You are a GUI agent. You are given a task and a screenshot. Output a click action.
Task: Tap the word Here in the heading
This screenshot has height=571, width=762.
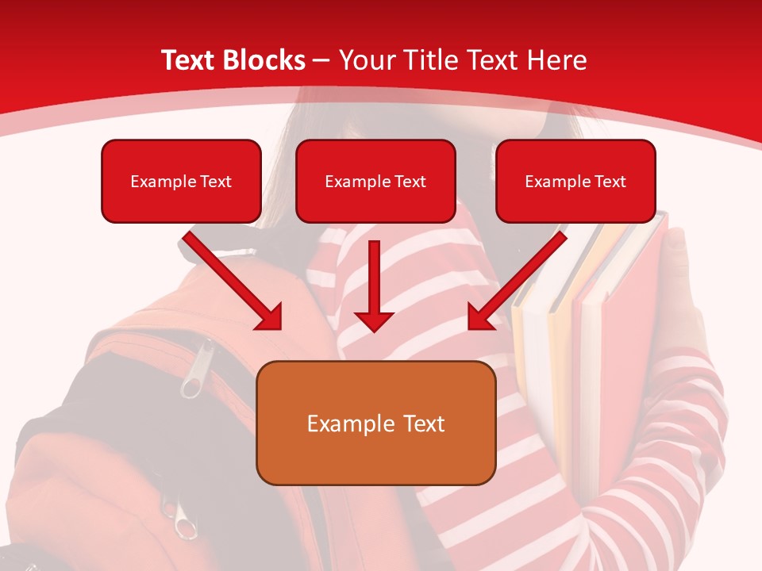pos(558,60)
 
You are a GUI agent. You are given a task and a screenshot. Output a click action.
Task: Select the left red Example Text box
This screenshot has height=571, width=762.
pos(181,181)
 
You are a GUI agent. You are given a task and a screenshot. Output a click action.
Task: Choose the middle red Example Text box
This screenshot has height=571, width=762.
pos(375,181)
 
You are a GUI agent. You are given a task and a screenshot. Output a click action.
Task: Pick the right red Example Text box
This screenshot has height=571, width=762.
pos(575,181)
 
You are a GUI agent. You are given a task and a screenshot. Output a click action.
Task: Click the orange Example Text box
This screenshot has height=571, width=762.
pos(375,423)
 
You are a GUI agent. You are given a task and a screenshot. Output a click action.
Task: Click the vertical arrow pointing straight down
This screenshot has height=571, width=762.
pos(374,282)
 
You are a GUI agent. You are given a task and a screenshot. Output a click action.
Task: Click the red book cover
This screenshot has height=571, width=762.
pos(627,317)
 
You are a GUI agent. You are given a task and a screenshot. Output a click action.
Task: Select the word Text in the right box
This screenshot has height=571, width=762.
pos(610,181)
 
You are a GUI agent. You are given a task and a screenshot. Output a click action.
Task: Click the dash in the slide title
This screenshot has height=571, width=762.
pos(321,60)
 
